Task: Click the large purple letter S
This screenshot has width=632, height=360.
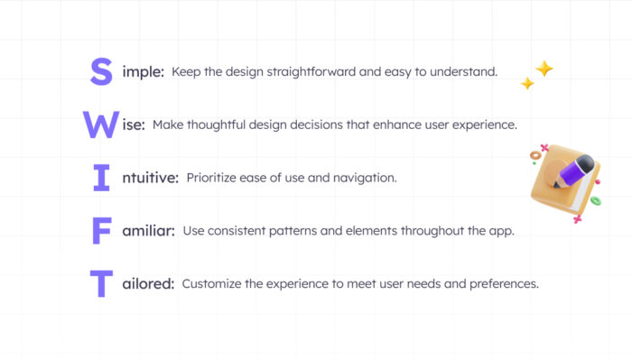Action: coord(101,71)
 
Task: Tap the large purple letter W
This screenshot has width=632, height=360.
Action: coord(100,125)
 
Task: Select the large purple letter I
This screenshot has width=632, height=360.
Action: coord(101,178)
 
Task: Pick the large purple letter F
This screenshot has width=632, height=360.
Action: coord(102,231)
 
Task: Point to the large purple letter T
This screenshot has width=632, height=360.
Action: coord(102,283)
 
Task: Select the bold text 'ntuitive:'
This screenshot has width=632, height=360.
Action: coord(149,178)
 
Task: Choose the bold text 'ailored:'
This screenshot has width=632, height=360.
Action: coord(147,283)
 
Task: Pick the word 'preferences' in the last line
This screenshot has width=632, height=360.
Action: coord(501,283)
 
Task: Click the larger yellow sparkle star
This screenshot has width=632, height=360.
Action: coord(544,69)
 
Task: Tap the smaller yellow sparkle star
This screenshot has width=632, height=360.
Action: coord(526,84)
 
